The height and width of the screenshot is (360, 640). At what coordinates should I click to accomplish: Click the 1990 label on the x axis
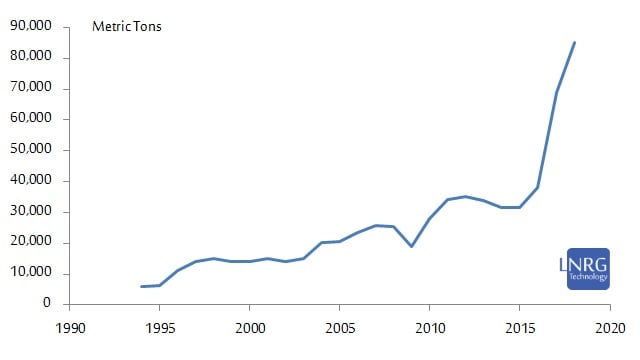70,326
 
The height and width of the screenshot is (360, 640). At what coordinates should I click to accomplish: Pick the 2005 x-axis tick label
340,326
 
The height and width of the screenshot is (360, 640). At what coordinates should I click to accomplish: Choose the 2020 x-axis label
610,326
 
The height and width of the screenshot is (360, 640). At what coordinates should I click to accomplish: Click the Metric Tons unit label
127,27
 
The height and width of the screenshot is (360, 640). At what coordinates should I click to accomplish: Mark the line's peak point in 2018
574,42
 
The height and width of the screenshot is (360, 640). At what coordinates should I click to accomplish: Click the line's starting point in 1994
142,286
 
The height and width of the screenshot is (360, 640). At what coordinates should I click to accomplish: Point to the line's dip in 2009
412,246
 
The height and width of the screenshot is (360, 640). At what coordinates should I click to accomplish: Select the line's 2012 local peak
466,196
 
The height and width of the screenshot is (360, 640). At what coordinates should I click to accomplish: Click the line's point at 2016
538,187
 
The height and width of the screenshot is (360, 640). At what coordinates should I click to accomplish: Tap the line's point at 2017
556,92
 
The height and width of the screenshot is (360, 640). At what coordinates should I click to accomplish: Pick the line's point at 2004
322,242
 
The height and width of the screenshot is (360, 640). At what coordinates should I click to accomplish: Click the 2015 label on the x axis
520,326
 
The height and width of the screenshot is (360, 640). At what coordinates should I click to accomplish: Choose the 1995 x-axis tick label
160,326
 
